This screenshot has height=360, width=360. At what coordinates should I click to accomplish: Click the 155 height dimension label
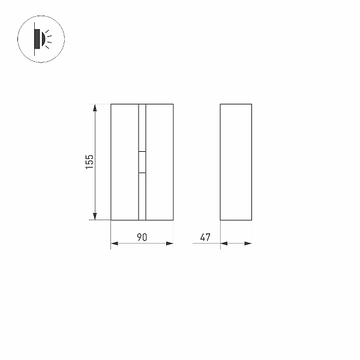point(89,162)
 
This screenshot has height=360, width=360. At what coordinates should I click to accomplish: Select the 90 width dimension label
point(142,237)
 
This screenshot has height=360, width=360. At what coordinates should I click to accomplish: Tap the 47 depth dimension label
point(205,238)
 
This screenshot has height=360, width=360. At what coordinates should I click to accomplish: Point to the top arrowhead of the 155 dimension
point(95,107)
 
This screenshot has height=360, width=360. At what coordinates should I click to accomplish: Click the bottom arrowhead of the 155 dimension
point(95,216)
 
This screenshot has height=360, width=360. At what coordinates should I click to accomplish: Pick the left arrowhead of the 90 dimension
point(115,244)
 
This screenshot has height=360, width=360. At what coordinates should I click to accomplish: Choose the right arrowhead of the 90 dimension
point(170,244)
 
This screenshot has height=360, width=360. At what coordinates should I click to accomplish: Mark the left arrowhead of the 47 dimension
point(224,244)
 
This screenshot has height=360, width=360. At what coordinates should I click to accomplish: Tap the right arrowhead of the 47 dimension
point(248,244)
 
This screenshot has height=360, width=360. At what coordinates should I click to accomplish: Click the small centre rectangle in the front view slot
point(142,162)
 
